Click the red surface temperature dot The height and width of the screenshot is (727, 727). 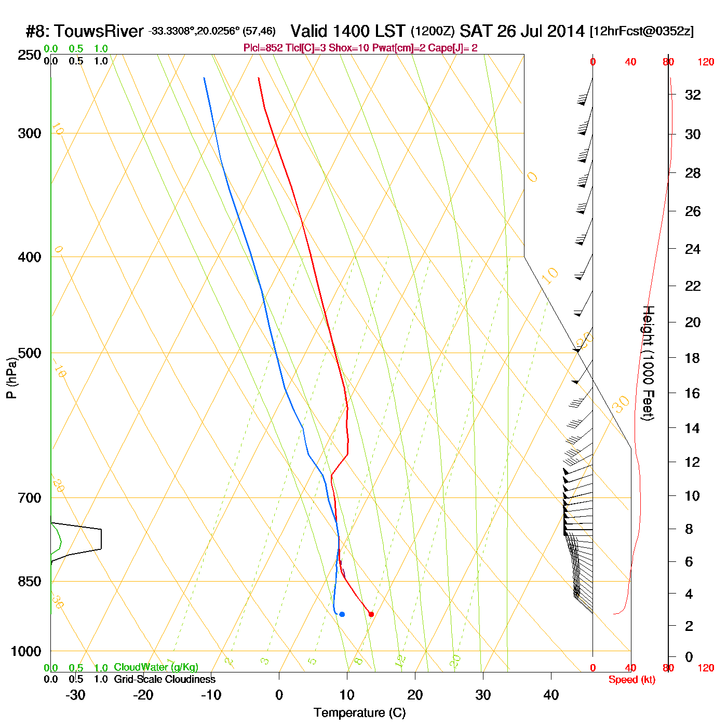point(371,614)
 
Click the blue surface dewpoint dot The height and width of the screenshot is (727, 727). point(342,614)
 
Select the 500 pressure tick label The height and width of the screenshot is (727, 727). point(30,353)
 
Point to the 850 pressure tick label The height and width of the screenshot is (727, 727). point(30,582)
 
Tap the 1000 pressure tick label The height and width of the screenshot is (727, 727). point(26,651)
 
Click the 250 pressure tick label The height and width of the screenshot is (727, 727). point(30,55)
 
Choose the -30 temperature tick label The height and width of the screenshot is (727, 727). point(75,695)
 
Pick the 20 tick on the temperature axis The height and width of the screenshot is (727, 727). point(415,695)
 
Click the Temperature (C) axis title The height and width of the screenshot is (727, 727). point(359,713)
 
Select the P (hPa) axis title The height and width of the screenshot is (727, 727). point(11,378)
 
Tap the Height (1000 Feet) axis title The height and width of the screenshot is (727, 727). point(648,363)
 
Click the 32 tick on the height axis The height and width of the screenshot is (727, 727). point(693,95)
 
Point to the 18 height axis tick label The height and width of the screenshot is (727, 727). point(692,358)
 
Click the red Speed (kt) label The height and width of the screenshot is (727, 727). point(631,680)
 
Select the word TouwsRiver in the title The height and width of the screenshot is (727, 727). point(99,31)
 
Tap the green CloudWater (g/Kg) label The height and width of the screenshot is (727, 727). point(156,667)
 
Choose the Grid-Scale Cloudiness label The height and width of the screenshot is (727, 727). point(165,679)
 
